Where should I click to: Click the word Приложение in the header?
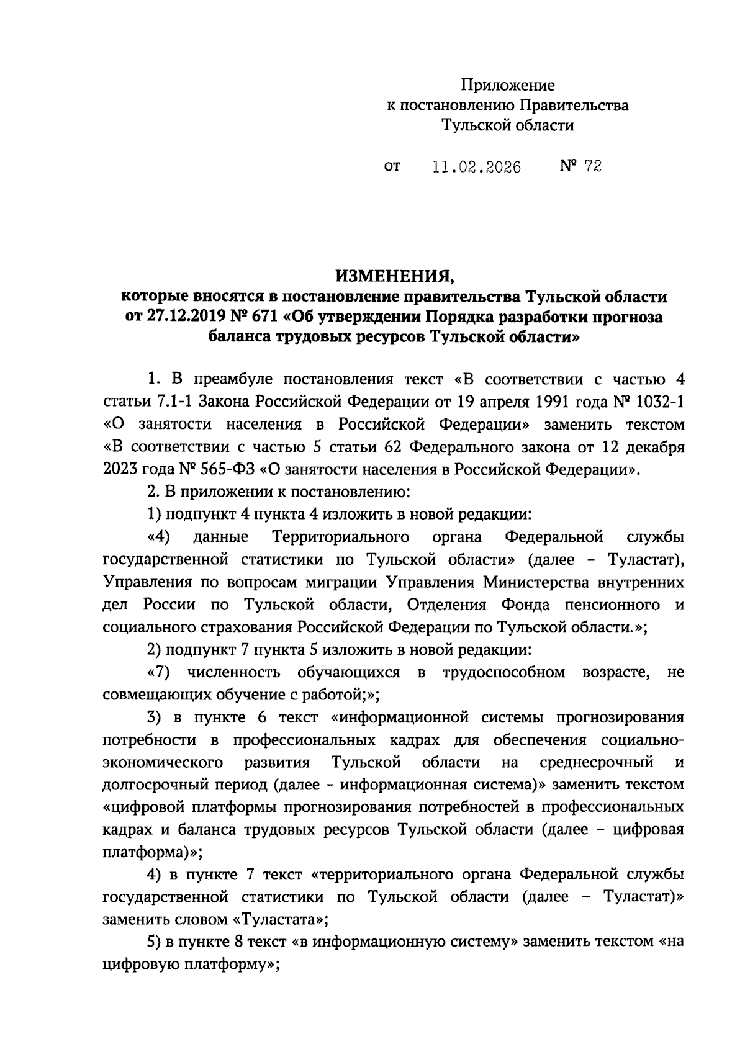point(507,84)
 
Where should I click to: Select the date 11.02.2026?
point(476,167)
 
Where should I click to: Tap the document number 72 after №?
point(593,166)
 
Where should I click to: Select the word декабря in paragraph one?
point(656,447)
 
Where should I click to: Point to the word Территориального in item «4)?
point(340,536)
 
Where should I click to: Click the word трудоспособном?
point(503,673)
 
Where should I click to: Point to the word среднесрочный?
point(597,762)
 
